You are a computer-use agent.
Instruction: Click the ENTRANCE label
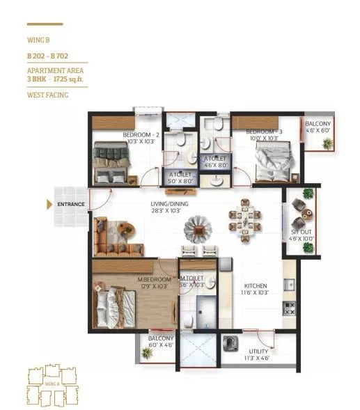pos(71,204)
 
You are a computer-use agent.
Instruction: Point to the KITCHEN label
pos(255,285)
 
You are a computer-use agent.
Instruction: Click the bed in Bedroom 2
pos(111,162)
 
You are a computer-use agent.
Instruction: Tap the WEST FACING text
pos(47,95)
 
